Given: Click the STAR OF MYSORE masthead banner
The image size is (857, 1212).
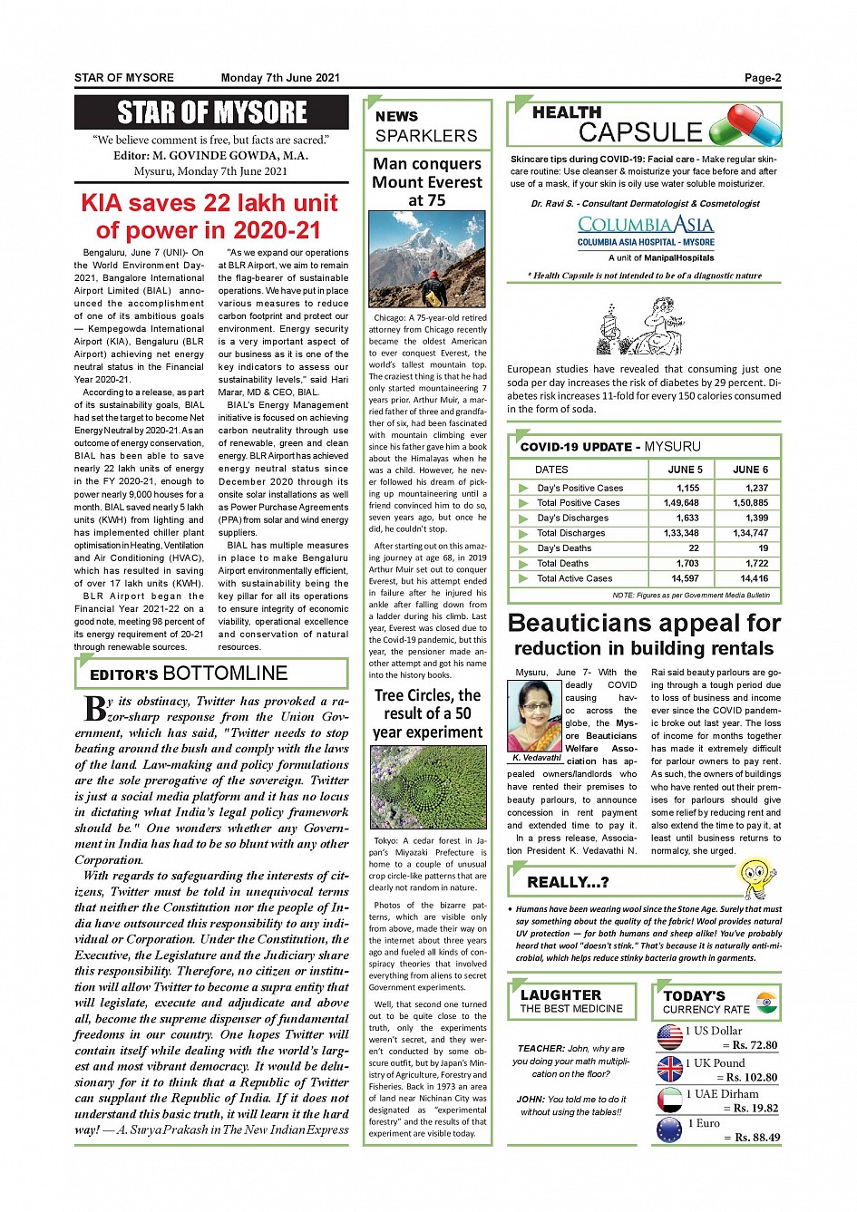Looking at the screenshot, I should coord(211,112).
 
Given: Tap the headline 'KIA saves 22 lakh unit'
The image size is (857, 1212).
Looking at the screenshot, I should coord(209,203).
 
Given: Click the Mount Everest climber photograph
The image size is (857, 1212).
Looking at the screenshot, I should coord(427,259).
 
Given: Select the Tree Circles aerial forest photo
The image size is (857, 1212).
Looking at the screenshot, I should coord(427,787).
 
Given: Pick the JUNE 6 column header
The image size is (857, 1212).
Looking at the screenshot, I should coord(750,470).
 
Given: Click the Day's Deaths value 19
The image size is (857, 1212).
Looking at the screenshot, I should coord(763,548).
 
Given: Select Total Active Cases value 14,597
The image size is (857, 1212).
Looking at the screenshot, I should coord(685,578).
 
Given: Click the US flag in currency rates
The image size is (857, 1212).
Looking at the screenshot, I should coord(669,1037).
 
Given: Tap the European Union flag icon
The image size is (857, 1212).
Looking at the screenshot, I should coord(669,1130).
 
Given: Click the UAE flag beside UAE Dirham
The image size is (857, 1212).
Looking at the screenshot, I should coord(669,1100).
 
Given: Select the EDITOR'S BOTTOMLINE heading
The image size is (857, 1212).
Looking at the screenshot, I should coord(189,674).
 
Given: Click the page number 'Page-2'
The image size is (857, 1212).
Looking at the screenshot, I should coord(762,78).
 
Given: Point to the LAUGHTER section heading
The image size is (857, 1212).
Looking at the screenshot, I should coord(560,994).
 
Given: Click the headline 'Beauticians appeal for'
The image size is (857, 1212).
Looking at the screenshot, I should coord(644,624).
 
